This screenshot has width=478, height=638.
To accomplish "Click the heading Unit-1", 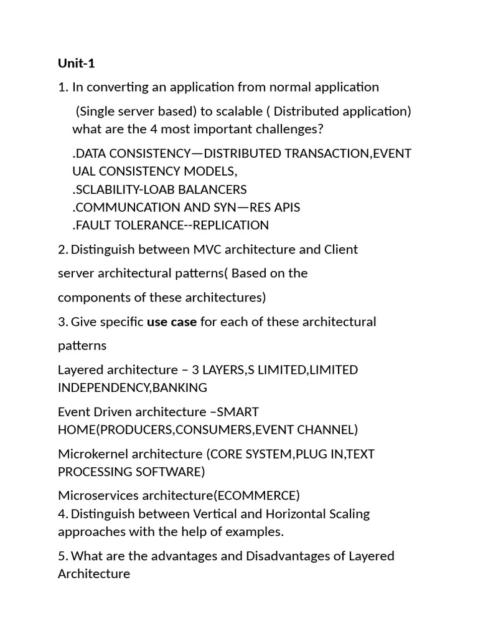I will pos(76,63).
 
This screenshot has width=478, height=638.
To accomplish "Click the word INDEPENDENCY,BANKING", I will pos(132,388).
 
